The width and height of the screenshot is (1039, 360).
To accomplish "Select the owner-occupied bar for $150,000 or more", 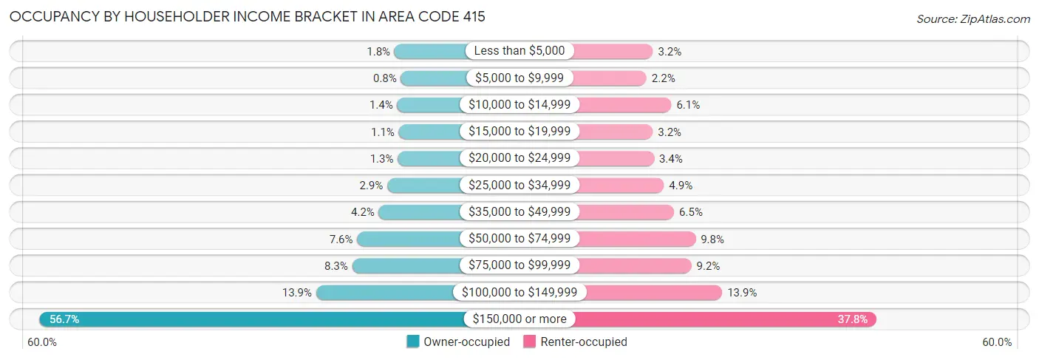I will (251, 319).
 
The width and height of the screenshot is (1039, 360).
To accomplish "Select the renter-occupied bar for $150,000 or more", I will (724, 319).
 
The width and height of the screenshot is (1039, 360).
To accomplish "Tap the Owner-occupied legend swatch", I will (413, 342).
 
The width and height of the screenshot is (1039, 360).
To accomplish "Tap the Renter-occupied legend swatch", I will (530, 342).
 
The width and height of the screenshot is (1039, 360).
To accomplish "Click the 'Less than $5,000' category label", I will (519, 51).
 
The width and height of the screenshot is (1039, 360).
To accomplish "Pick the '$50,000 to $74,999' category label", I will (519, 239).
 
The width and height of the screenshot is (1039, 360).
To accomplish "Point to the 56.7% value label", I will (64, 319).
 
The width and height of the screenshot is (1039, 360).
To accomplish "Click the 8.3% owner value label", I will (334, 265).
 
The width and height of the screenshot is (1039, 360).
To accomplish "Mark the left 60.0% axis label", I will (43, 342).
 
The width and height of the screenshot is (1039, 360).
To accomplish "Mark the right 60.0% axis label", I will (997, 342).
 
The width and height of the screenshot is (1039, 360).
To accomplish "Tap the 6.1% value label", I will (688, 105).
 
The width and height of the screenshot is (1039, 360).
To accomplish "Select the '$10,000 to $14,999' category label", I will (519, 105).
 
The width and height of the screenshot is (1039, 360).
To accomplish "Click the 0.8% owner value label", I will (384, 78).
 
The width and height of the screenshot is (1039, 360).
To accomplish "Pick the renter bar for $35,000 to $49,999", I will (624, 212).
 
